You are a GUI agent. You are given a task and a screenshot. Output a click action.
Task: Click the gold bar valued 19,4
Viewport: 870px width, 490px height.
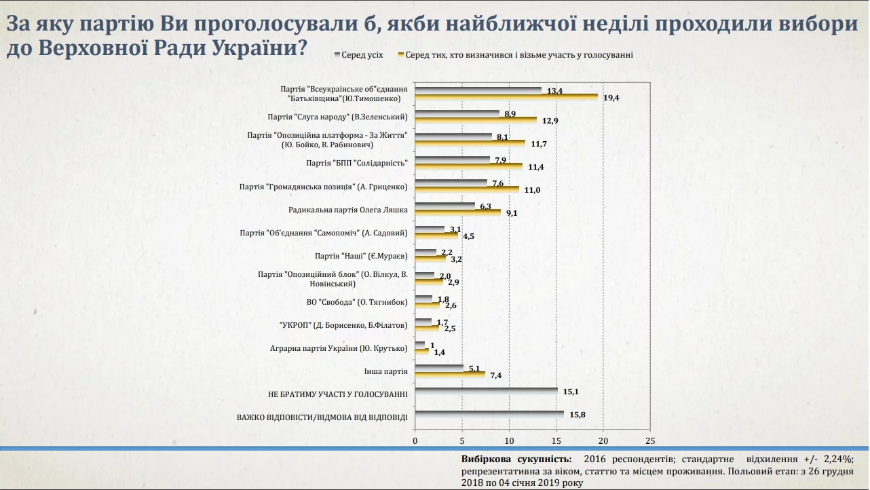coord(506,97)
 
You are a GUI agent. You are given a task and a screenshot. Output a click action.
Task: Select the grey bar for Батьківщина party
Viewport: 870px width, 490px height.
coord(478,90)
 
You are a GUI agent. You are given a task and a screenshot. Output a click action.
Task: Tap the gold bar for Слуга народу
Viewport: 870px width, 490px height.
coord(475,120)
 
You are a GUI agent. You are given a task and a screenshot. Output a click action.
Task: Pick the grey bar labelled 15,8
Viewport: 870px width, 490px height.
coord(489,414)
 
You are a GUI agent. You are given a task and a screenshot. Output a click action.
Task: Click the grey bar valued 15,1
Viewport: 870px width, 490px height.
coord(486,391)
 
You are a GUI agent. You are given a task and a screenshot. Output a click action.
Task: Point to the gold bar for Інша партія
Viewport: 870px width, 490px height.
coord(449,373)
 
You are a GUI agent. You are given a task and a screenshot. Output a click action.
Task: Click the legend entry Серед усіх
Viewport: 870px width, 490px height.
coord(362,55)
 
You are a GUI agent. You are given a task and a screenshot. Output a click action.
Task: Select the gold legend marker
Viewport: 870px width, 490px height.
coord(401,54)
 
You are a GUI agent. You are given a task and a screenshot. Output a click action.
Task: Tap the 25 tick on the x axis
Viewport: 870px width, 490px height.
coord(650,440)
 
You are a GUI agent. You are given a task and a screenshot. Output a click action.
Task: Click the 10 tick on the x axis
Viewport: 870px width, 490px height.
coord(509,440)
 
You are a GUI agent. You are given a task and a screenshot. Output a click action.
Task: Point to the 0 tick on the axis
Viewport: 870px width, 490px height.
coord(415,440)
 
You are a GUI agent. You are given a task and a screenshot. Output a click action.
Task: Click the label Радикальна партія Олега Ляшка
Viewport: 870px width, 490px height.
coord(347,210)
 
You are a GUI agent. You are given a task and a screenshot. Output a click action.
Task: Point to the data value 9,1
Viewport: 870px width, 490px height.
coord(512,213)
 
